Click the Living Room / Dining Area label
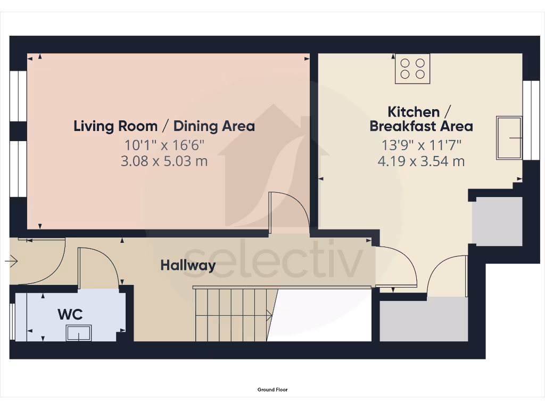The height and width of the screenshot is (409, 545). tap(164, 126)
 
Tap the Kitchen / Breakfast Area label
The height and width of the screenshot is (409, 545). tap(421, 119)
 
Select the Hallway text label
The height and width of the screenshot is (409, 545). tap(188, 265)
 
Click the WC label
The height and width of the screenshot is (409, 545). tap(70, 314)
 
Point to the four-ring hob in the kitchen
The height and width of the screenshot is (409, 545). tap(412, 68)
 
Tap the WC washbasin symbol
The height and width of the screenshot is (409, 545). tap(79, 333)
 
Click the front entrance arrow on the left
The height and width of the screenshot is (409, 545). tap(12, 261)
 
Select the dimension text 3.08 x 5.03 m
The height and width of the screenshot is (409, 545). tap(164, 161)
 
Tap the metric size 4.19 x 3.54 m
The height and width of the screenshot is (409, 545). tap(421, 161)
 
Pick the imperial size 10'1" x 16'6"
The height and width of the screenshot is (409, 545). tap(164, 144)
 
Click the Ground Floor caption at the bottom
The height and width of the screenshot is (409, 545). tap(272, 390)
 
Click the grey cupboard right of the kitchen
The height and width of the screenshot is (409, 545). tap(498, 221)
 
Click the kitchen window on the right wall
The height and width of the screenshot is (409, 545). tap(530, 120)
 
